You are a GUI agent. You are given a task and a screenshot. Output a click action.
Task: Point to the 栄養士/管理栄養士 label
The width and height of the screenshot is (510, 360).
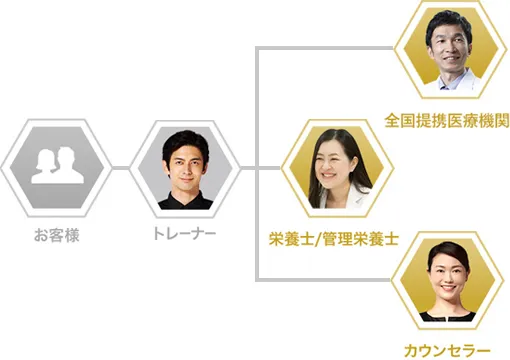[x=333, y=239]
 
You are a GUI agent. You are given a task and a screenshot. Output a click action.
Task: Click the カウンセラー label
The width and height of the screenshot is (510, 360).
[x=447, y=350]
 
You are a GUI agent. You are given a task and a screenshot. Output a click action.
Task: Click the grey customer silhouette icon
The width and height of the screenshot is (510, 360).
[x=56, y=166]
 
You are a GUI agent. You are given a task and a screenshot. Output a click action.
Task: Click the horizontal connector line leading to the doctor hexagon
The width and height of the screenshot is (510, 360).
[x=330, y=46]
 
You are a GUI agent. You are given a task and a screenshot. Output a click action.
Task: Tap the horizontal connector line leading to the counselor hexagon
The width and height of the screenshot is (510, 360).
[x=330, y=279]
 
